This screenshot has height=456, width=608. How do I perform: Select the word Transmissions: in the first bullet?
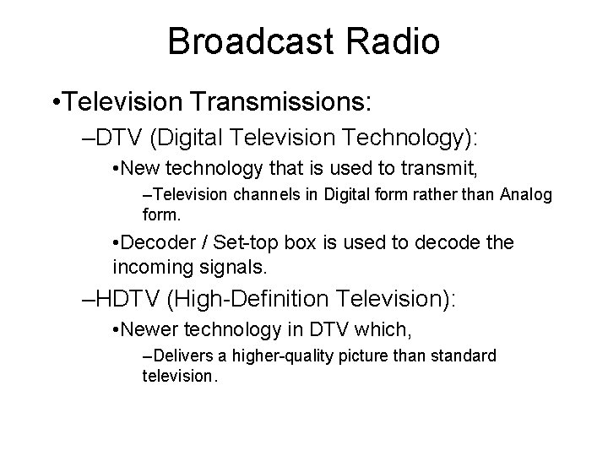(x=286, y=102)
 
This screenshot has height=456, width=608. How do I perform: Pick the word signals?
(x=236, y=269)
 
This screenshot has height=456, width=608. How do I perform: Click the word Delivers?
(x=179, y=356)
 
